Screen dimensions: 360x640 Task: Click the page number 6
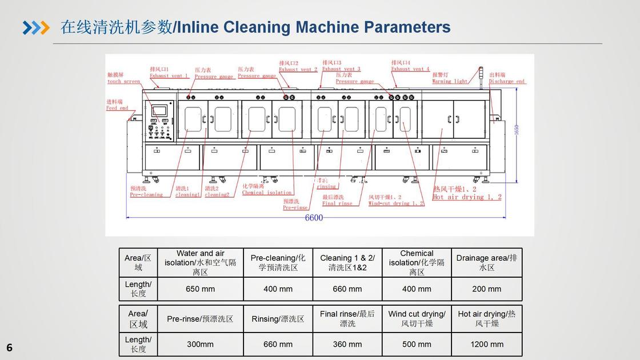coord(9,347)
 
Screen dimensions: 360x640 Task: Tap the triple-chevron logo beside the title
coord(36,27)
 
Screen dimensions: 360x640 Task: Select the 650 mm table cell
coord(200,289)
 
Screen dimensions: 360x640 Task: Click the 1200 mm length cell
coord(487,345)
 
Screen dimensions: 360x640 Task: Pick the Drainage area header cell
coord(487,262)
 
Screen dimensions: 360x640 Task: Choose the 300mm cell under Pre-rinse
coord(200,345)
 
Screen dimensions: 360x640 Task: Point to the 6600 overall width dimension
coord(314,218)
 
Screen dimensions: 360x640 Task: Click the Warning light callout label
coord(450,78)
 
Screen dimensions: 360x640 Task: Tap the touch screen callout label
coord(123,78)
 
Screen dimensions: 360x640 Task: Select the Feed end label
coord(117,105)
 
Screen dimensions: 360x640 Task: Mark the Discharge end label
coord(507,78)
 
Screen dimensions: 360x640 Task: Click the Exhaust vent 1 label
coord(169,73)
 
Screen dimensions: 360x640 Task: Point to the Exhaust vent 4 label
coord(410,66)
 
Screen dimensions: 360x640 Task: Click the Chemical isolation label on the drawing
coord(267,190)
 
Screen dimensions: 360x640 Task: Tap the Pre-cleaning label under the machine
coord(146,192)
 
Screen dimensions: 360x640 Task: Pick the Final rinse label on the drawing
coord(337,201)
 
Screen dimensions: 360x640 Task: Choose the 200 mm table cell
coord(487,289)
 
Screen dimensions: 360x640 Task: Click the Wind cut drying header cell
coord(417,318)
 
